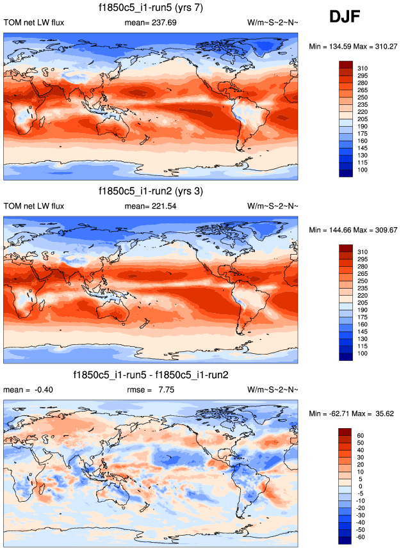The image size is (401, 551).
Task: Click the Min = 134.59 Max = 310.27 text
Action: [x=354, y=47]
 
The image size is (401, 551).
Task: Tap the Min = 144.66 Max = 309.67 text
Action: [x=354, y=230]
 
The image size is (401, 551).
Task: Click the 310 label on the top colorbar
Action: [x=363, y=68]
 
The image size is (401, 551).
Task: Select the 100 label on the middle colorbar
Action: [x=363, y=353]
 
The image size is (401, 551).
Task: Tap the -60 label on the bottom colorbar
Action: [x=362, y=536]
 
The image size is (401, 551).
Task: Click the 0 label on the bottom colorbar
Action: [x=360, y=486]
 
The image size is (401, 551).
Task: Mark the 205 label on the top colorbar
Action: [x=363, y=119]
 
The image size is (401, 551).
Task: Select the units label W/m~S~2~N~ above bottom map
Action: [x=272, y=389]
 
